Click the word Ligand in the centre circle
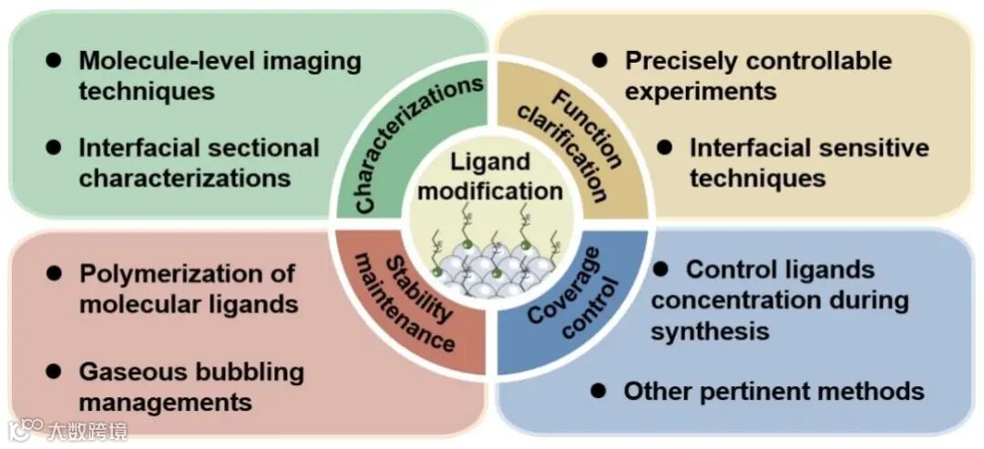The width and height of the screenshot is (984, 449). point(490,164)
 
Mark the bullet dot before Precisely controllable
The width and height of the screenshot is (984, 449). point(600,60)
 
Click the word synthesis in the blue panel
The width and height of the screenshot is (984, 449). point(710,332)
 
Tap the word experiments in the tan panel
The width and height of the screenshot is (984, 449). point(701,91)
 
